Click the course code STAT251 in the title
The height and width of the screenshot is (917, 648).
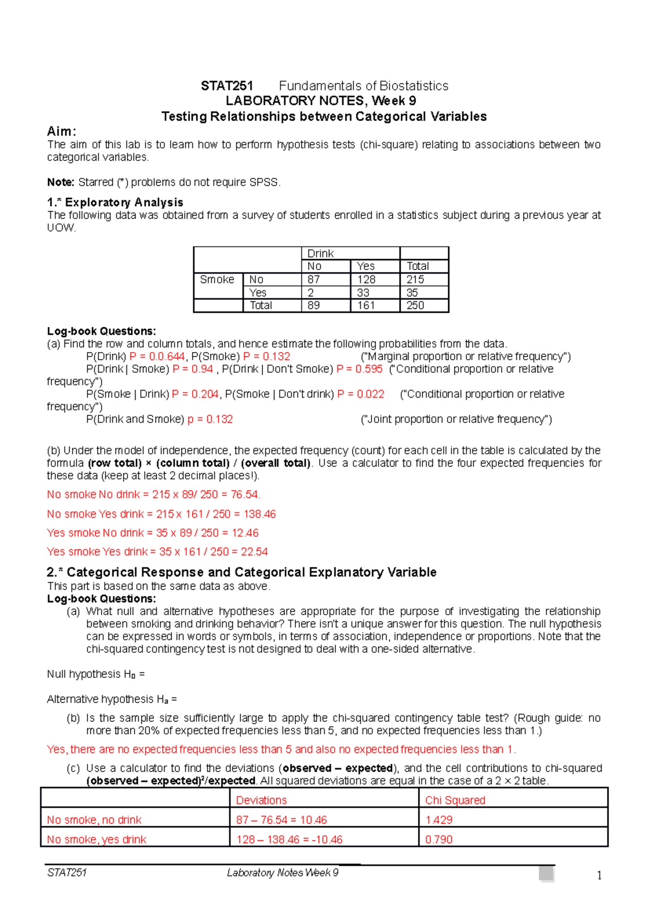[x=227, y=86]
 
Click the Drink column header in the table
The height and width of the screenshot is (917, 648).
[x=320, y=253]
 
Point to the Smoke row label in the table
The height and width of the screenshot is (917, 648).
[x=217, y=279]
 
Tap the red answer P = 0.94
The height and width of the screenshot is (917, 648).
[x=192, y=369]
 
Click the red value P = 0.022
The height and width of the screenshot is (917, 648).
[x=361, y=394]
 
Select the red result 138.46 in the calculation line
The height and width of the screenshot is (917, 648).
[x=260, y=514]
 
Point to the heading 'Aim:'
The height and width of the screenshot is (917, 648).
[x=62, y=131]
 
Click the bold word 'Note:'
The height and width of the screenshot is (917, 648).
[x=60, y=182]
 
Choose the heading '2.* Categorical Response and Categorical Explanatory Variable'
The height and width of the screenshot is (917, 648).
[x=241, y=572]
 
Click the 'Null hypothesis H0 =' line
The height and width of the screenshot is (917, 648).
[x=96, y=674]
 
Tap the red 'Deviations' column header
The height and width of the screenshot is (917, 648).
[x=261, y=800]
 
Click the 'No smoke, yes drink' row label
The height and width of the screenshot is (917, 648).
[x=96, y=839]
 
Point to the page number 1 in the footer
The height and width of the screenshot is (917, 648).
[x=599, y=875]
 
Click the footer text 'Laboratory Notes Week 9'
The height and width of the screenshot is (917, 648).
[x=282, y=873]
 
